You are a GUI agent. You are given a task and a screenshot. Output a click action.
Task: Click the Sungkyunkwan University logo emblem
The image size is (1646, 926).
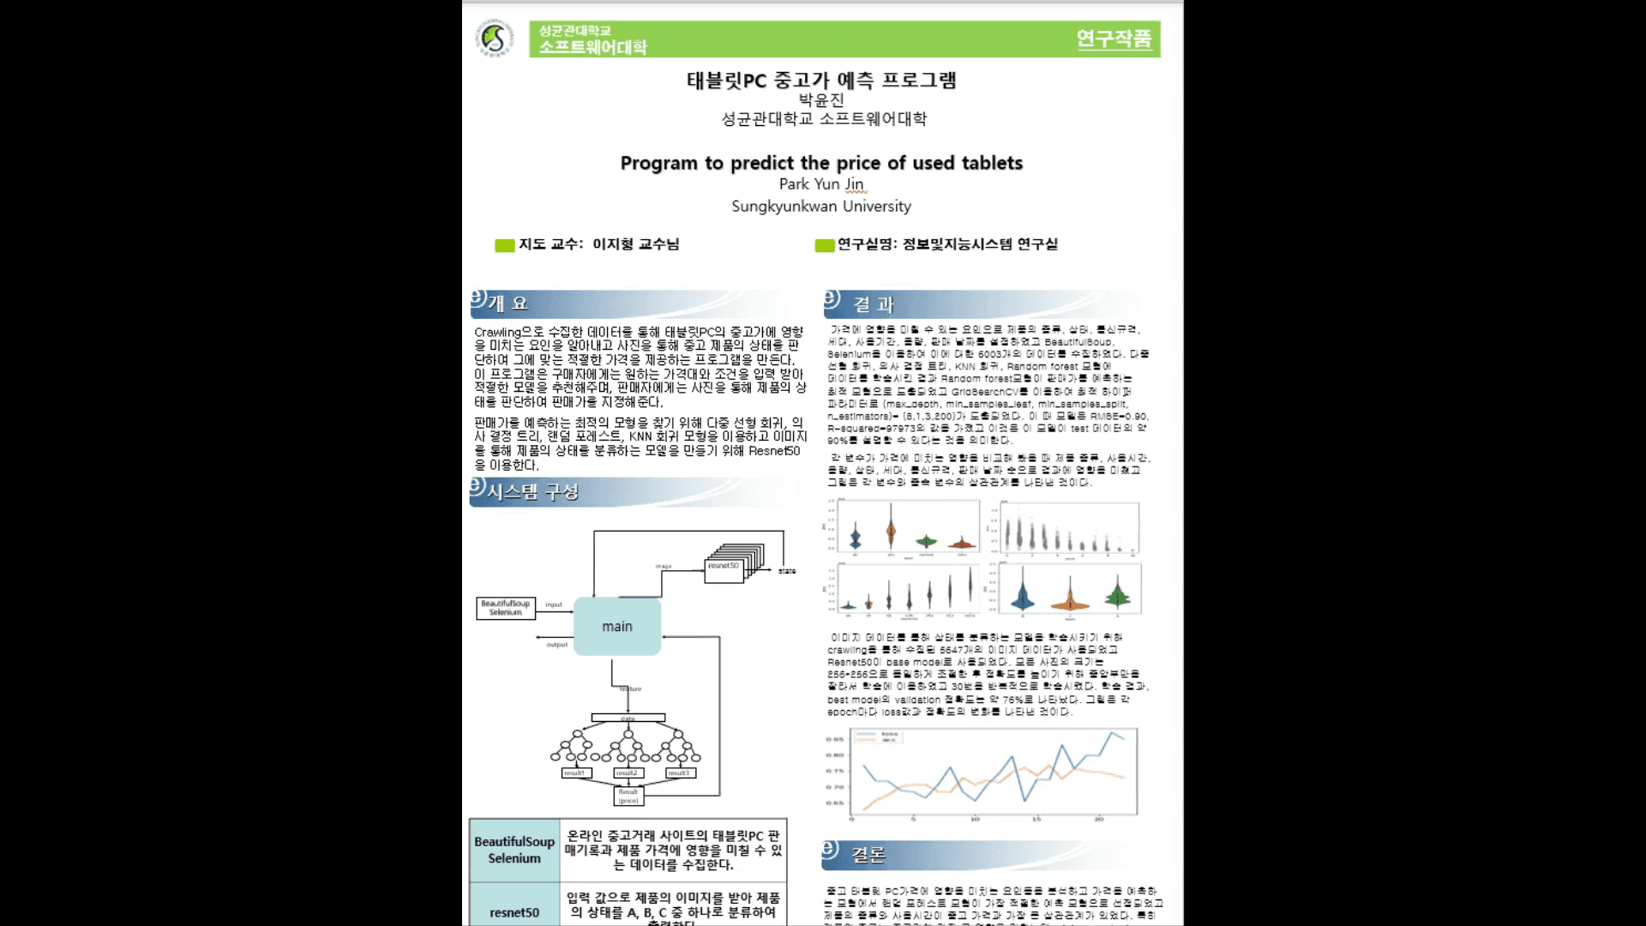click(495, 39)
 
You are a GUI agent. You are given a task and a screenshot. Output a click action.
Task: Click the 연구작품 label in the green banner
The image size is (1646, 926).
click(1114, 39)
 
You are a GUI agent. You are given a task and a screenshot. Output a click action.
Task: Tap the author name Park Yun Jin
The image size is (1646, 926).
click(820, 184)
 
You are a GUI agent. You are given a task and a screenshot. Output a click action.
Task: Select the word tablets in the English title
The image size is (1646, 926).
click(992, 163)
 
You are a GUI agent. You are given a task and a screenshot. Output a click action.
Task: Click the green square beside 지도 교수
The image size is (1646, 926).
click(504, 246)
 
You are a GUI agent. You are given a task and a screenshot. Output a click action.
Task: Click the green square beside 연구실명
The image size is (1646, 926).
click(824, 246)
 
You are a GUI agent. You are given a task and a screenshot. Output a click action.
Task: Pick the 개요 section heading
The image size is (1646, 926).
click(508, 304)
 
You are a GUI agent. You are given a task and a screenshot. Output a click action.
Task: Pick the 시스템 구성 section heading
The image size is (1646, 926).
click(532, 492)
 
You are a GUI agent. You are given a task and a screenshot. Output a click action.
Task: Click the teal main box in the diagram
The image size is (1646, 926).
click(617, 627)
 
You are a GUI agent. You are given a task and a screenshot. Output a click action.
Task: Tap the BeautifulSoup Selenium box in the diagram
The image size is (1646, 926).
click(506, 608)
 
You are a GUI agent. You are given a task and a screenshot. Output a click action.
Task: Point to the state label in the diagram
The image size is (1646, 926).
click(787, 571)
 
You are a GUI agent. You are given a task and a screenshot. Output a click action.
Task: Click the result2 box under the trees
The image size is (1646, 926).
click(628, 773)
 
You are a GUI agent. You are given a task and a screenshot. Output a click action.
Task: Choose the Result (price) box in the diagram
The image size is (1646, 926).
click(628, 797)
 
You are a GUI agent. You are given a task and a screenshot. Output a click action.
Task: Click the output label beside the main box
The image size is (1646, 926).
click(557, 645)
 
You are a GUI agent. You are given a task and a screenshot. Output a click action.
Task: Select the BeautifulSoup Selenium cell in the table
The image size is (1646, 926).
click(514, 850)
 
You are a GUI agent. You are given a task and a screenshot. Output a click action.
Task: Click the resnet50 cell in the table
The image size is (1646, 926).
click(514, 912)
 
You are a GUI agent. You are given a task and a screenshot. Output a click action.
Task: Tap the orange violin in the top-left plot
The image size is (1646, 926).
click(892, 532)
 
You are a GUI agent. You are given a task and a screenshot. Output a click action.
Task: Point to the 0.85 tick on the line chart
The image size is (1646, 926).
click(834, 739)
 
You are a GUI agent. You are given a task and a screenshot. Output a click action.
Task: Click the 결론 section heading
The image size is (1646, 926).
click(868, 855)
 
